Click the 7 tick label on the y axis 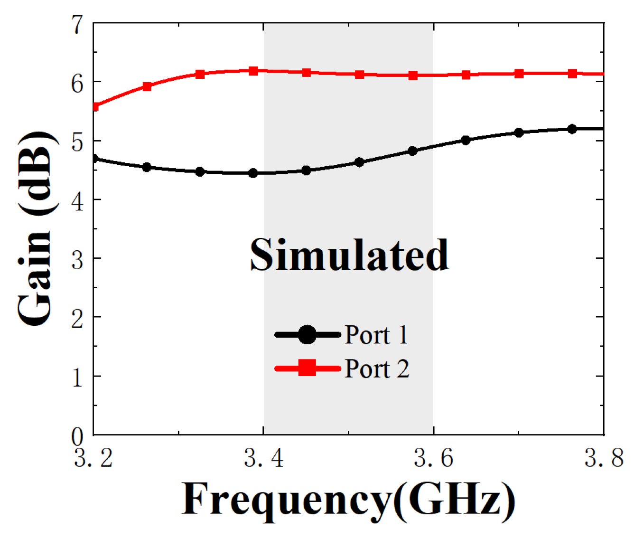pyautogui.click(x=77, y=24)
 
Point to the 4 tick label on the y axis pyautogui.click(x=77, y=200)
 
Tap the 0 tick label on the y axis pyautogui.click(x=77, y=435)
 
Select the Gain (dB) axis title pyautogui.click(x=36, y=228)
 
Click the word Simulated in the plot pyautogui.click(x=349, y=255)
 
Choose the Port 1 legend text pyautogui.click(x=376, y=335)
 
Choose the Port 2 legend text pyautogui.click(x=377, y=369)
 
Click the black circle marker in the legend pyautogui.click(x=308, y=335)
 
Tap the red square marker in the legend pyautogui.click(x=308, y=368)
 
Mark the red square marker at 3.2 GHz pyautogui.click(x=94, y=107)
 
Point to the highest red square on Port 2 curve pyautogui.click(x=253, y=71)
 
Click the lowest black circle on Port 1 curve pyautogui.click(x=253, y=173)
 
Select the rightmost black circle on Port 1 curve pyautogui.click(x=572, y=129)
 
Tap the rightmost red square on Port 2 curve pyautogui.click(x=572, y=74)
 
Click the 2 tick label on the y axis pyautogui.click(x=77, y=318)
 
